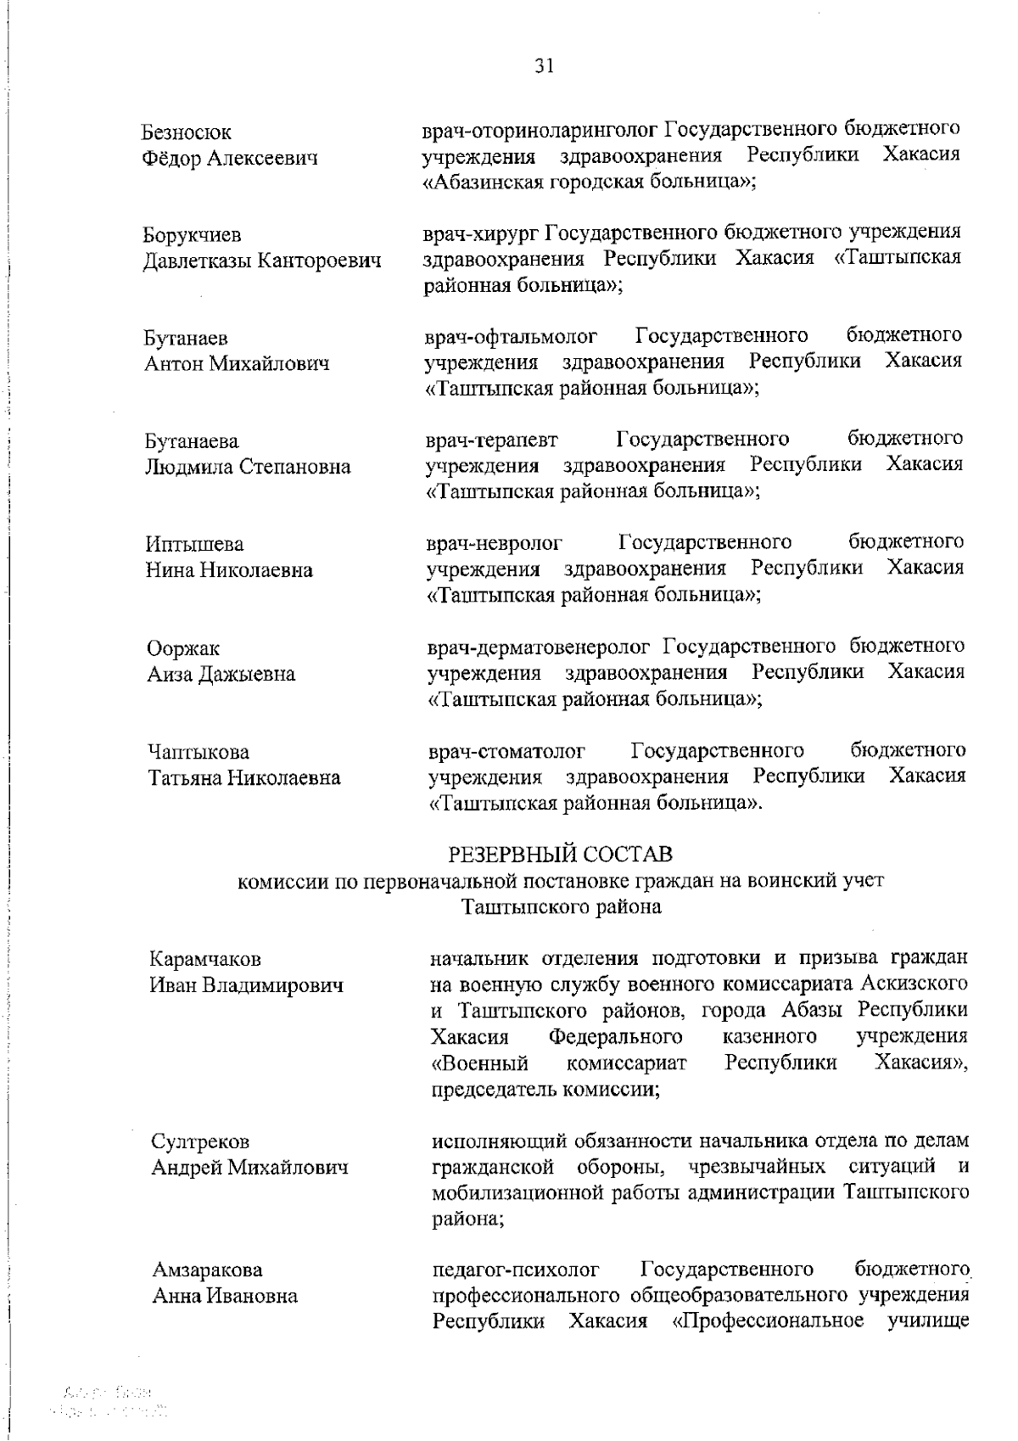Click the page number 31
coord(544,66)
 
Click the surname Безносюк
coord(187,132)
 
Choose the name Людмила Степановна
coord(248,467)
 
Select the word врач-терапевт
coord(492,439)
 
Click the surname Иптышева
coord(194,543)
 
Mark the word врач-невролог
coord(494,542)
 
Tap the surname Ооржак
coord(182,648)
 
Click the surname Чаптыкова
coord(199,752)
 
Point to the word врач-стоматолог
coord(507,751)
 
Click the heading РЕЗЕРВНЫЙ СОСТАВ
coord(560,852)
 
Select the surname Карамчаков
coord(205,959)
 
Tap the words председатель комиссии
coord(545,1089)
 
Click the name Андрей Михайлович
coord(249,1168)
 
